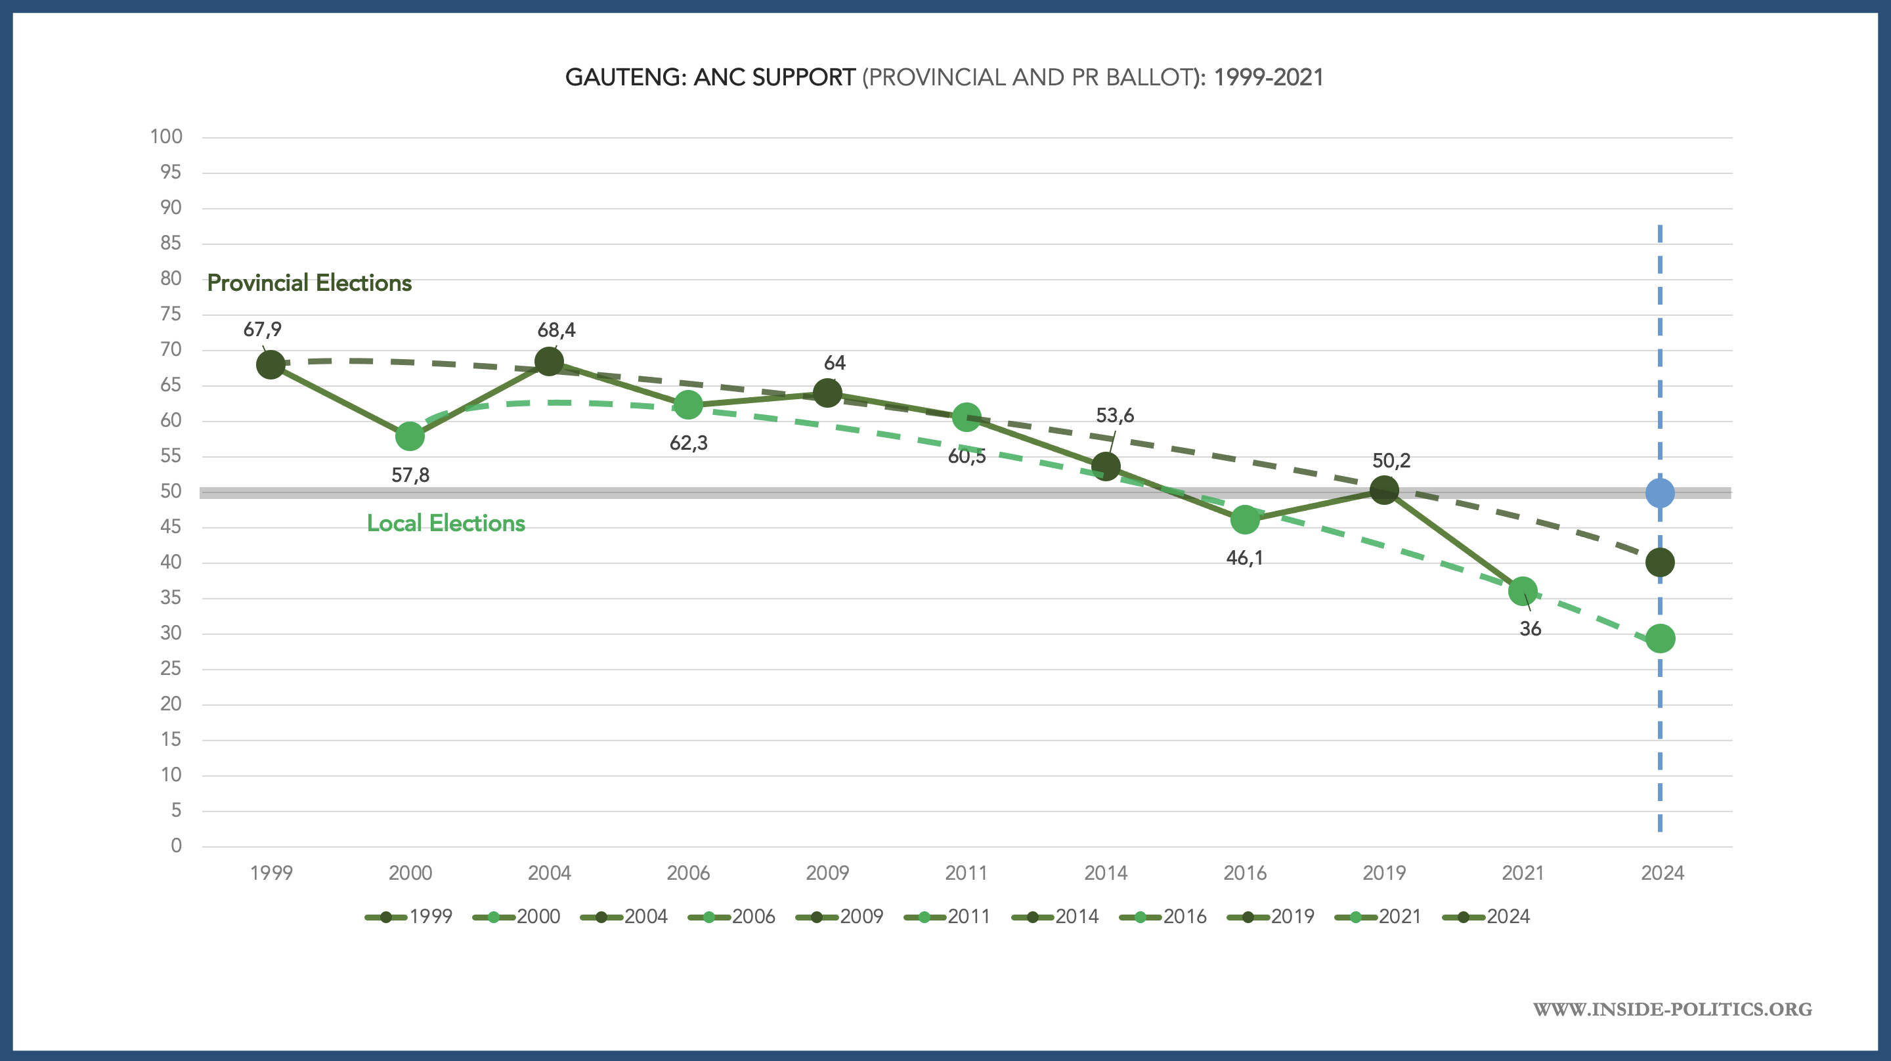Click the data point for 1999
pyautogui.click(x=271, y=364)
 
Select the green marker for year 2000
pyautogui.click(x=410, y=436)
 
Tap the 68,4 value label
pyautogui.click(x=556, y=330)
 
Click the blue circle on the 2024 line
pyautogui.click(x=1660, y=492)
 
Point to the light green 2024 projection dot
pyautogui.click(x=1660, y=639)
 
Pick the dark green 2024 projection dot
pyautogui.click(x=1660, y=563)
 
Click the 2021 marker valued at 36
pyautogui.click(x=1523, y=591)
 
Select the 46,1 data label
pyautogui.click(x=1244, y=558)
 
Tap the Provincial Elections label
pyautogui.click(x=309, y=283)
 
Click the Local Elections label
pyautogui.click(x=446, y=523)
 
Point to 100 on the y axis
pyautogui.click(x=166, y=137)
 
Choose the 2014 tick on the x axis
pyautogui.click(x=1106, y=873)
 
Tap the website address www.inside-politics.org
pyautogui.click(x=1672, y=1009)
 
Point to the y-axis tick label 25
pyautogui.click(x=170, y=668)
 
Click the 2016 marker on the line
pyautogui.click(x=1244, y=520)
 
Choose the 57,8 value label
pyautogui.click(x=410, y=475)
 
